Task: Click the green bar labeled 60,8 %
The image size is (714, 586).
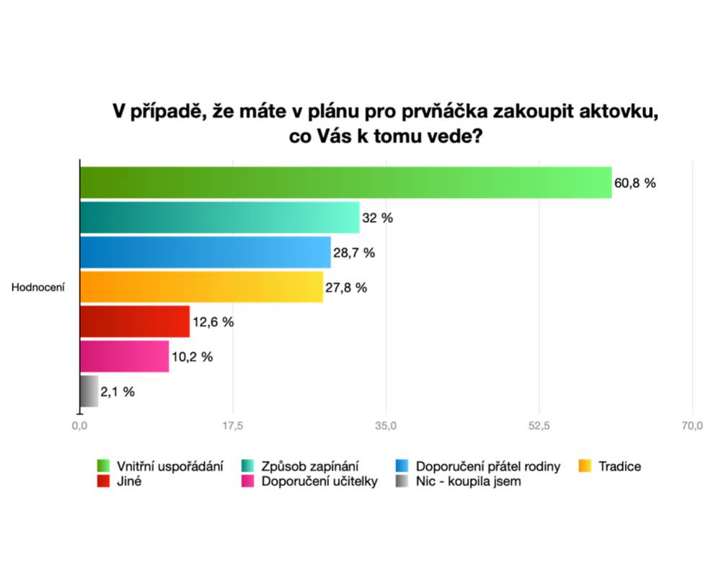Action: coord(345,183)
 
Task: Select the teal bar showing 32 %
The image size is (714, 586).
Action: coord(219,217)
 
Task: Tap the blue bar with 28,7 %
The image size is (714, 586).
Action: coord(205,252)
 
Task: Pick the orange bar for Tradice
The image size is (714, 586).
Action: coord(201,287)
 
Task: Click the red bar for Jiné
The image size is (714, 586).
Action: coord(134,322)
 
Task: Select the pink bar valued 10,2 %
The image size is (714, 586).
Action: coord(124,357)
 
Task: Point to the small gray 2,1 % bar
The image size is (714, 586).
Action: coord(89,391)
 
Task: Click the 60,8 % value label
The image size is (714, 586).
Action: coord(635,183)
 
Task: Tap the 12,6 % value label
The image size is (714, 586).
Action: coord(213,323)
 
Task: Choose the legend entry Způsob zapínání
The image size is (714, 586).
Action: coord(310,466)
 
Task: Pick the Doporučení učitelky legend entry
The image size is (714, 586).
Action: coord(319,482)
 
